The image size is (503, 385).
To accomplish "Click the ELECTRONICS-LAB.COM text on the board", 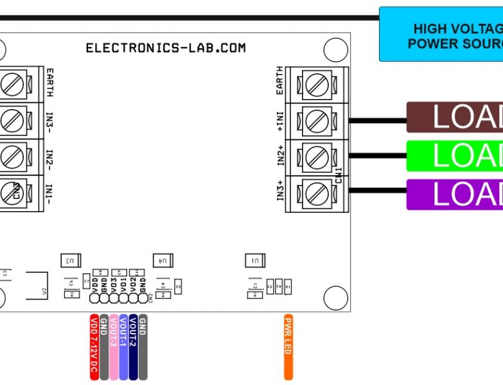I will point(166,48).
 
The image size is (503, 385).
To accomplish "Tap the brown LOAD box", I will point(455,117).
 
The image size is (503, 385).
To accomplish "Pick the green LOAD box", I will point(455,156).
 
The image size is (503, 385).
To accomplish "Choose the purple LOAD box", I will point(455,194).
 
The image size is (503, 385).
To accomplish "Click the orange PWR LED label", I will point(288,346).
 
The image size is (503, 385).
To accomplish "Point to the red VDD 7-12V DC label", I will point(94,346).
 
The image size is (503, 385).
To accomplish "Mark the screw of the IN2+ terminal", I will point(315,156).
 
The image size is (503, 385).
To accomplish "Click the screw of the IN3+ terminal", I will point(315,192).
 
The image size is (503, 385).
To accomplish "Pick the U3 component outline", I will point(71,260).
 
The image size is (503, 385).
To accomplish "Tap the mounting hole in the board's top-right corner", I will point(335,49).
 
